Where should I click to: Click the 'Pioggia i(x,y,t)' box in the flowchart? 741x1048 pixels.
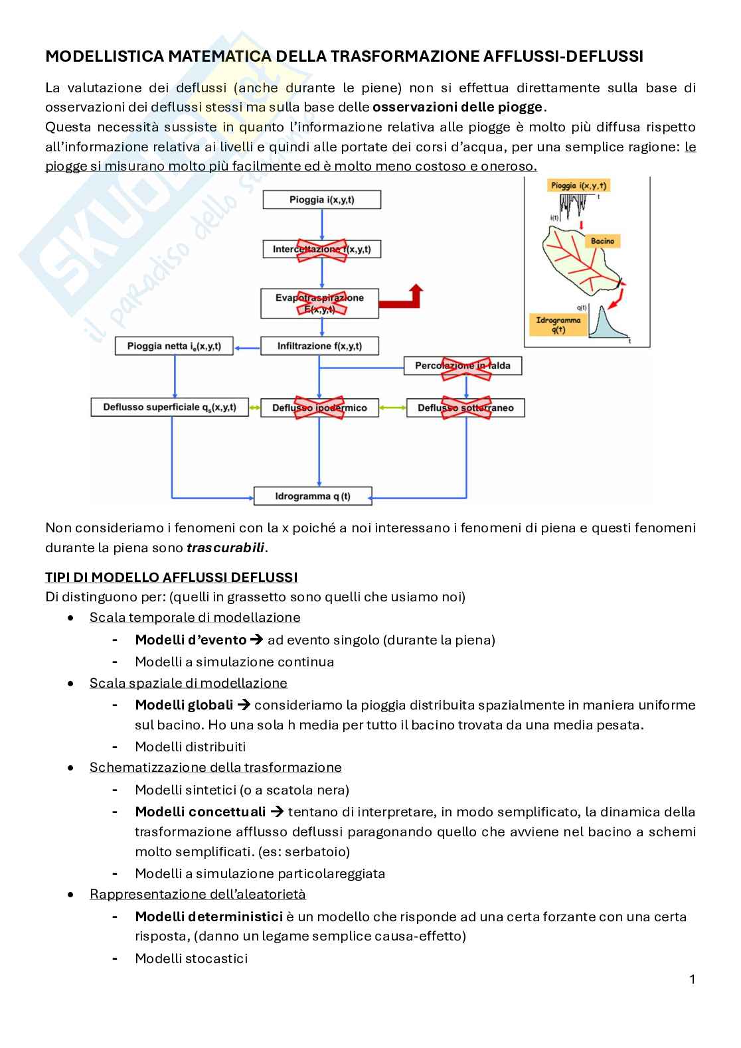click(x=322, y=200)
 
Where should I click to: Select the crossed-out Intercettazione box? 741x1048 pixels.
click(x=322, y=250)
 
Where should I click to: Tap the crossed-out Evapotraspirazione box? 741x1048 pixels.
click(x=319, y=303)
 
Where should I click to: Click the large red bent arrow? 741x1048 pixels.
click(x=407, y=297)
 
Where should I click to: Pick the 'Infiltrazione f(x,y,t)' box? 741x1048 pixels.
click(x=319, y=346)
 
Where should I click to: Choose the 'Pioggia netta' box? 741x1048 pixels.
click(x=174, y=346)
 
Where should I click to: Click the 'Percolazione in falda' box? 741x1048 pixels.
click(x=463, y=366)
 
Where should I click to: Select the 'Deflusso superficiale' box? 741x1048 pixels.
click(x=169, y=408)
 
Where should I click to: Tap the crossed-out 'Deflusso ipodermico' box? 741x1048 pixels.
click(x=319, y=408)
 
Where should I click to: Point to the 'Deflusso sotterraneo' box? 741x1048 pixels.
click(x=465, y=408)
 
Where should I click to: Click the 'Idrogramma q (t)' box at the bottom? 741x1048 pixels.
click(x=313, y=496)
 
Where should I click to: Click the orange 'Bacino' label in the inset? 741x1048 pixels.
click(x=602, y=241)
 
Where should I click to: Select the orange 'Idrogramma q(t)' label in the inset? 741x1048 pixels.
click(x=558, y=325)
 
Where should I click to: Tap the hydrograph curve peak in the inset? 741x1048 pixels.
click(x=602, y=309)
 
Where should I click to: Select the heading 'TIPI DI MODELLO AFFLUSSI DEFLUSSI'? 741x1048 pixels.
click(x=171, y=577)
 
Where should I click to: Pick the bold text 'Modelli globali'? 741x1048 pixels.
click(x=184, y=705)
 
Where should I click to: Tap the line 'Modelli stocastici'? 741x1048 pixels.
click(x=191, y=958)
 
